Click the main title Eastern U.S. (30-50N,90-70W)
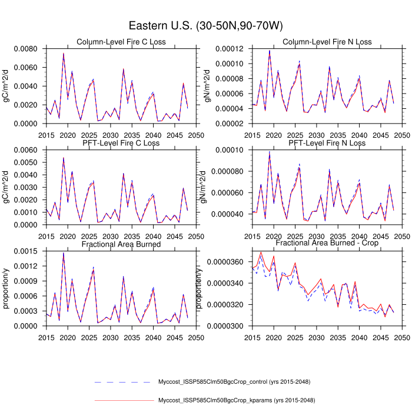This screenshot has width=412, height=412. pos(206,26)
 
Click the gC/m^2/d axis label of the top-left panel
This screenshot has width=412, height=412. pos(6,86)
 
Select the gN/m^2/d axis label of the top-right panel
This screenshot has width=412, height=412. pos(208,86)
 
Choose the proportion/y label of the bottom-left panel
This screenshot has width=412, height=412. pos(6,288)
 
